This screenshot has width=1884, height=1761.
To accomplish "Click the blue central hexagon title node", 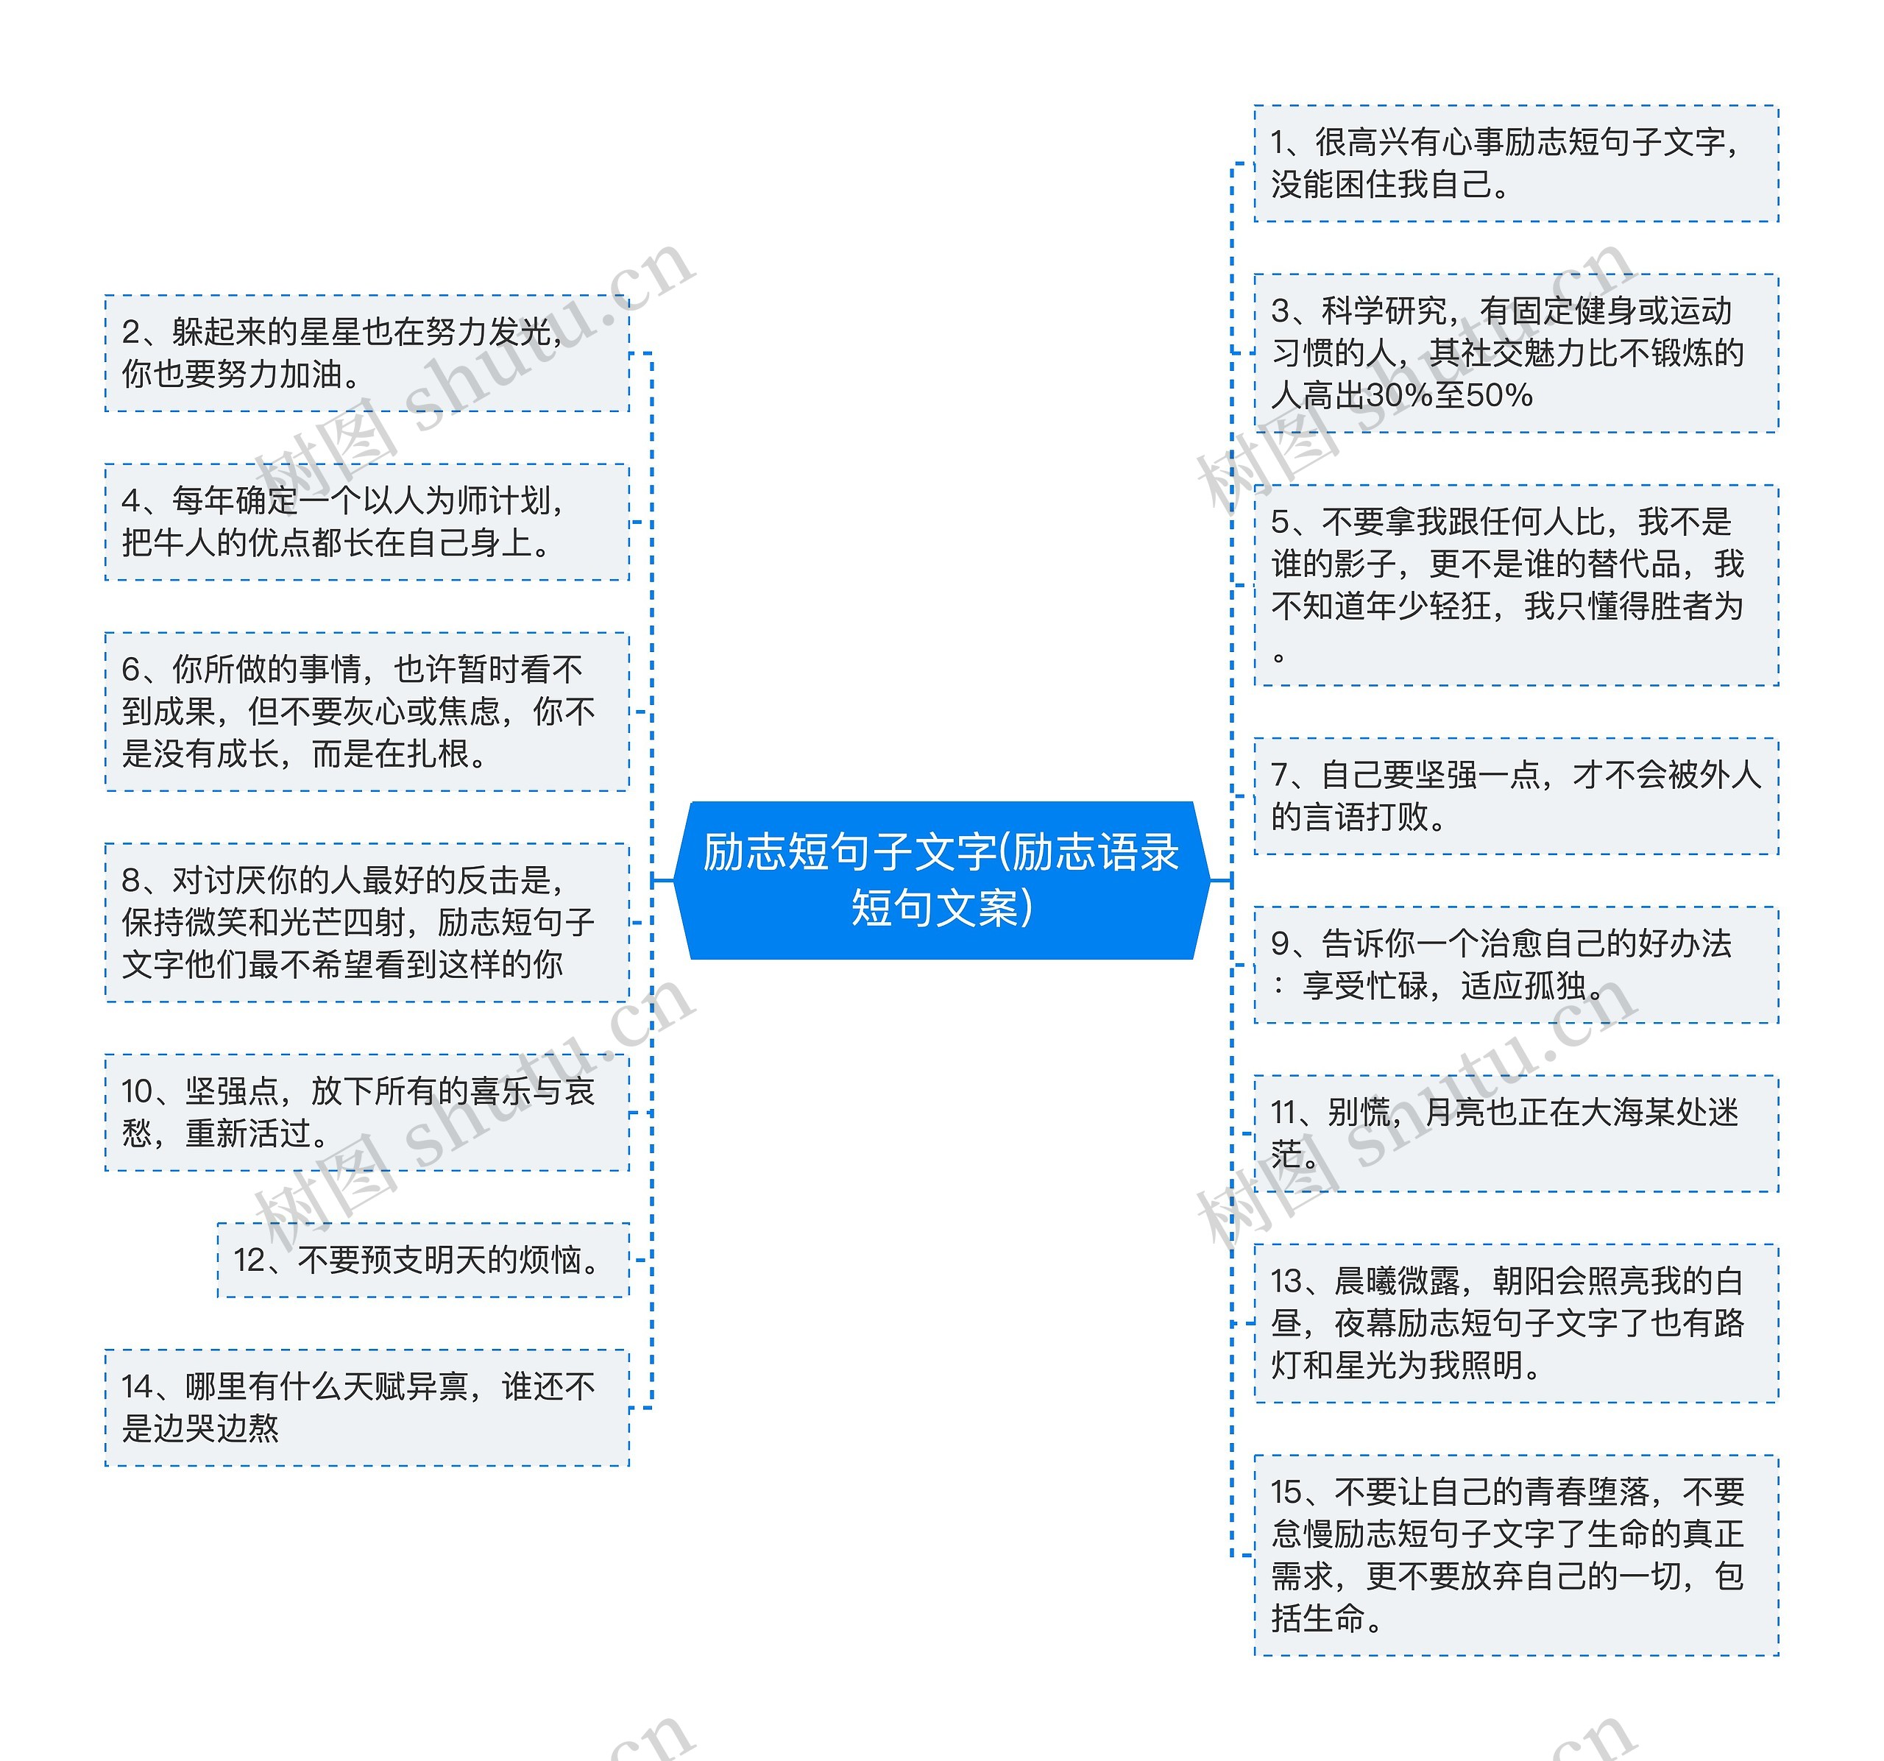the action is [941, 879].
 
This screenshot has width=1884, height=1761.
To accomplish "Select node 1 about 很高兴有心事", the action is [1515, 163].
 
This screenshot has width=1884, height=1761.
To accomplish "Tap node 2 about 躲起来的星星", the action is [366, 352].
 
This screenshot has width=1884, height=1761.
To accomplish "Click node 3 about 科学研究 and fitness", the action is [1515, 352].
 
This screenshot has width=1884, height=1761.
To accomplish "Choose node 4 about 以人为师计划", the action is [366, 521].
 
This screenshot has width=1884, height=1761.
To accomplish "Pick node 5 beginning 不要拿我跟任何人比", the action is [1515, 585].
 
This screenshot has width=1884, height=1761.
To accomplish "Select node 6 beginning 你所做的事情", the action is [366, 711].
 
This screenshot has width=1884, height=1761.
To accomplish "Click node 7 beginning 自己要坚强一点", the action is [1515, 796].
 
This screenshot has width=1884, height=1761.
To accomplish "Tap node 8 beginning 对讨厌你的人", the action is [366, 921].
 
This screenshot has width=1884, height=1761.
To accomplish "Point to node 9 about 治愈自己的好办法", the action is [1515, 964].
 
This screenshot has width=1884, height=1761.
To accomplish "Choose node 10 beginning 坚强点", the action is [366, 1112].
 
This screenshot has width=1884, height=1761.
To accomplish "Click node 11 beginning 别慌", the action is [1515, 1133].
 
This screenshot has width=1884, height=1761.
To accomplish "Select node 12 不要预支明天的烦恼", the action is [422, 1260].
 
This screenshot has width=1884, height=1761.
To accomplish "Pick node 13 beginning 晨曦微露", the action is [1515, 1322].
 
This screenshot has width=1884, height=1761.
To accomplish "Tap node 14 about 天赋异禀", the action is [366, 1408].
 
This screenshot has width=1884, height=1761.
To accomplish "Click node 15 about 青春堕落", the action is [1515, 1554].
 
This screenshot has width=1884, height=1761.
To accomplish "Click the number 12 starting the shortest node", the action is [250, 1260].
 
